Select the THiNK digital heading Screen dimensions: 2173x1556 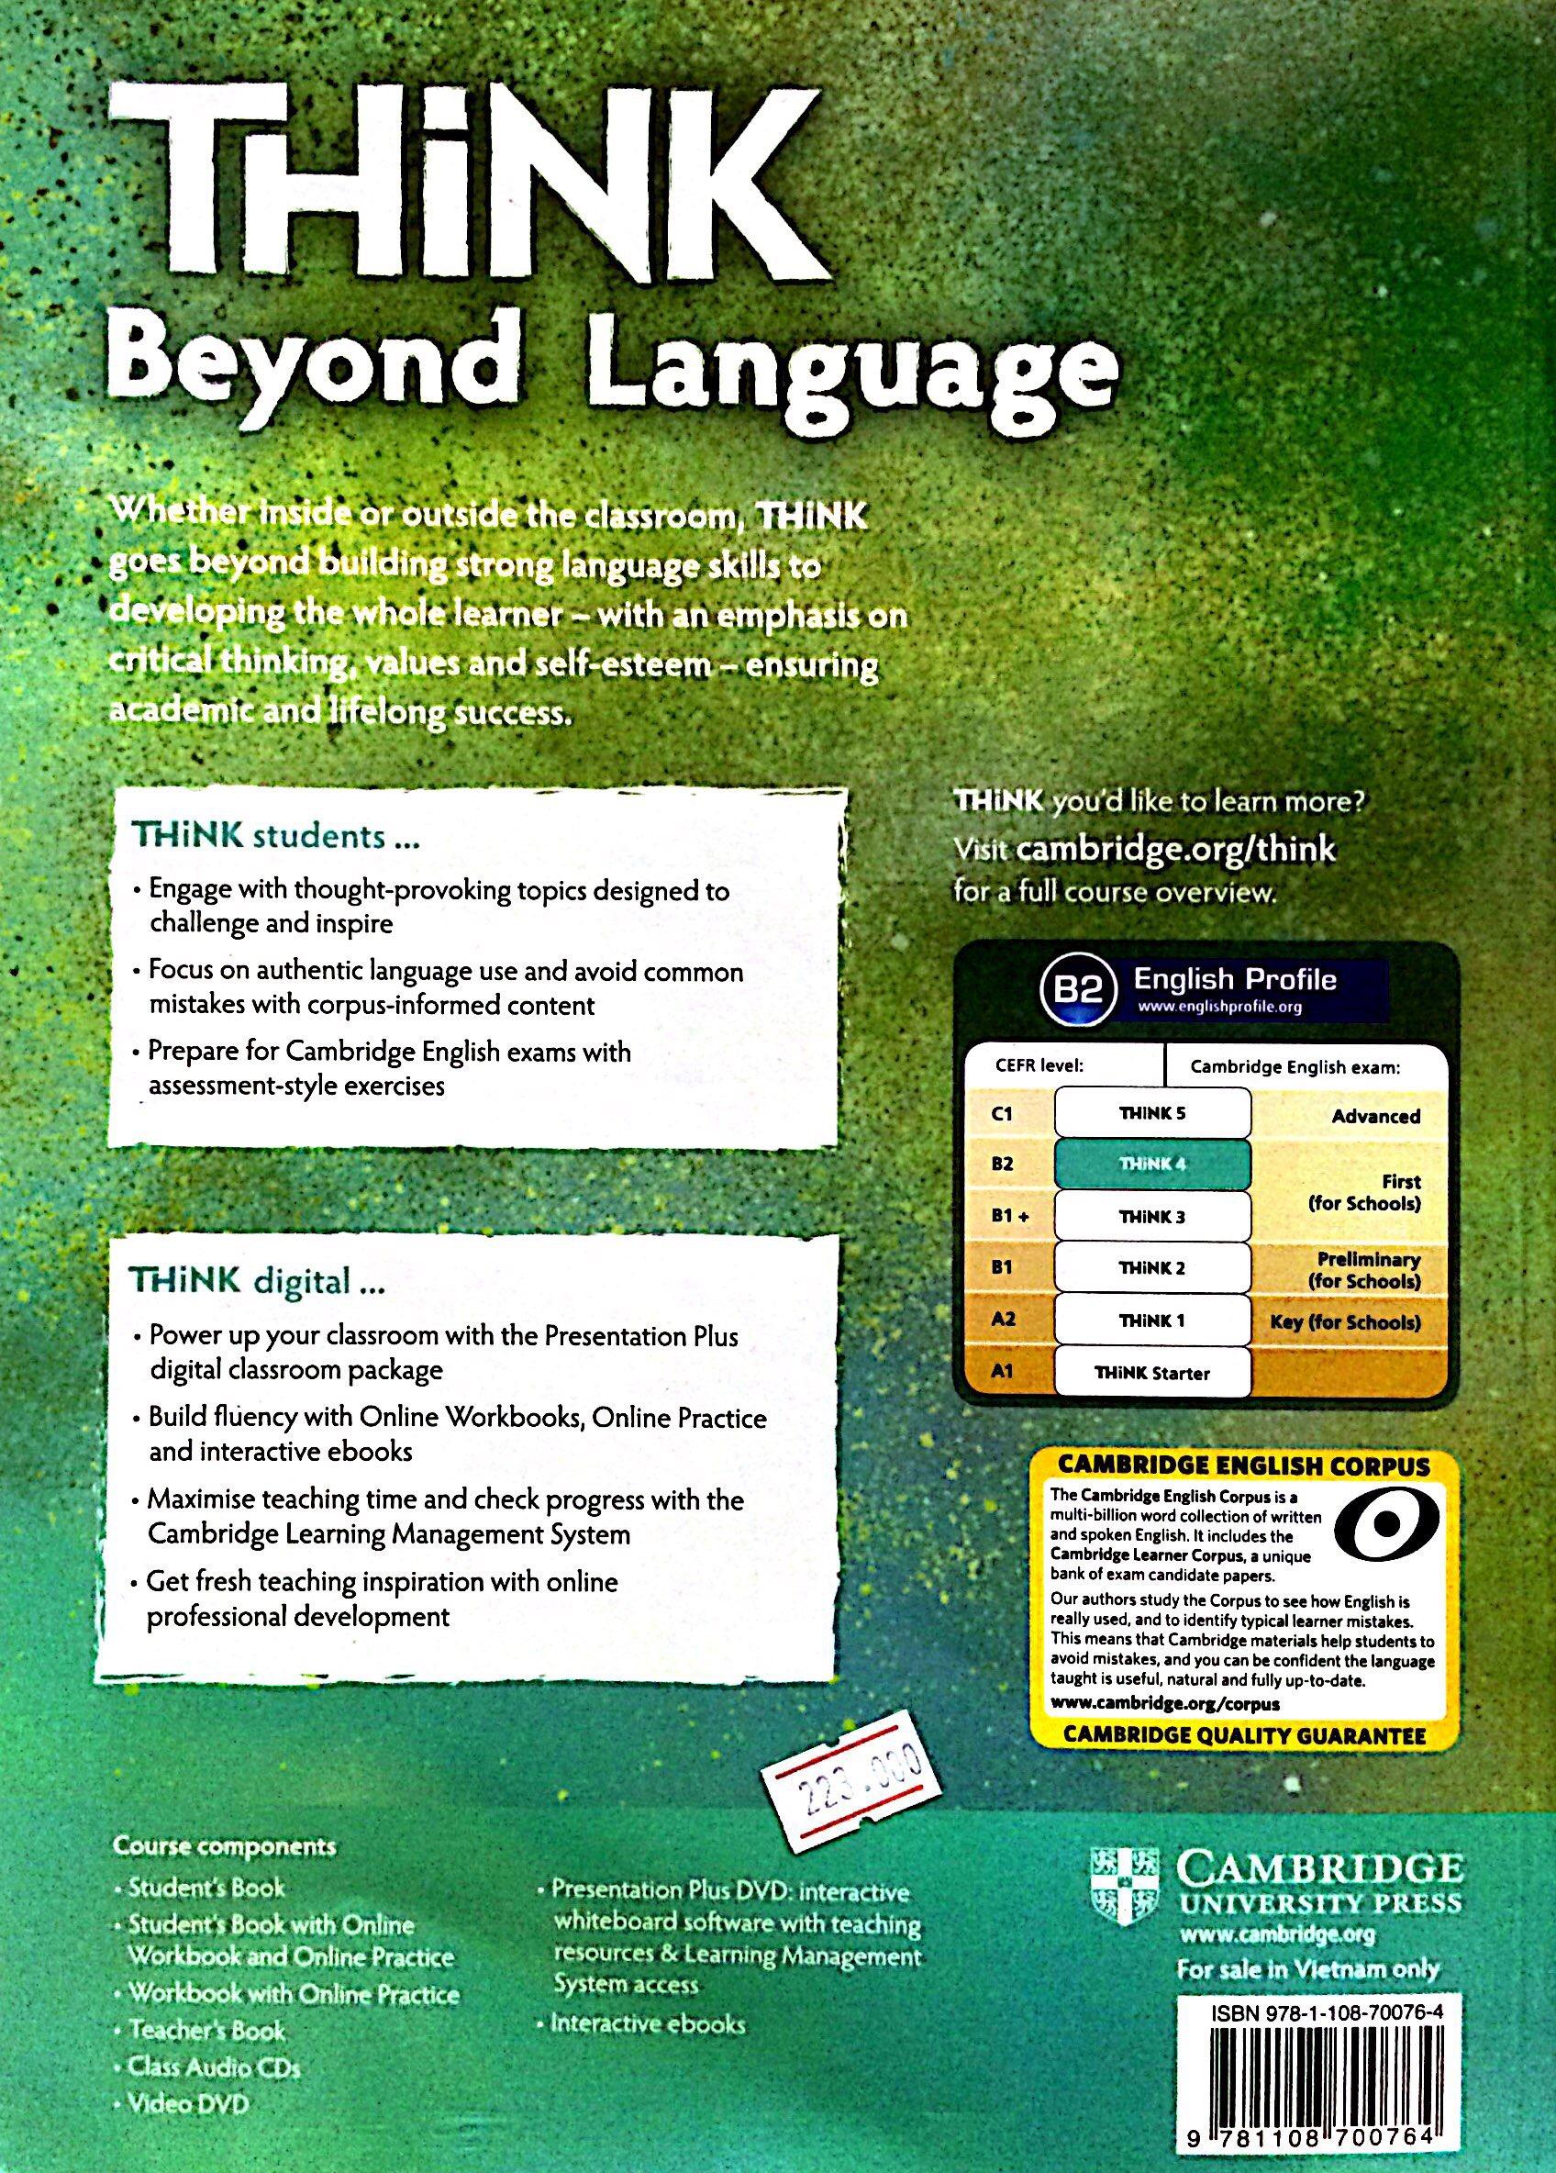coord(257,1282)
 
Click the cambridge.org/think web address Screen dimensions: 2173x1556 coord(1174,848)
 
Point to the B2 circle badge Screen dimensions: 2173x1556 coord(1079,990)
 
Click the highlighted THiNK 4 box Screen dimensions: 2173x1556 coord(1151,1165)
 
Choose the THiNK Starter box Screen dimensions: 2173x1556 coord(1151,1373)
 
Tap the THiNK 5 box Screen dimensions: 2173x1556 coord(1151,1113)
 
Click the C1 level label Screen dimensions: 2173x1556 coord(1003,1114)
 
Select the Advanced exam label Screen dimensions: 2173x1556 coord(1375,1116)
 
